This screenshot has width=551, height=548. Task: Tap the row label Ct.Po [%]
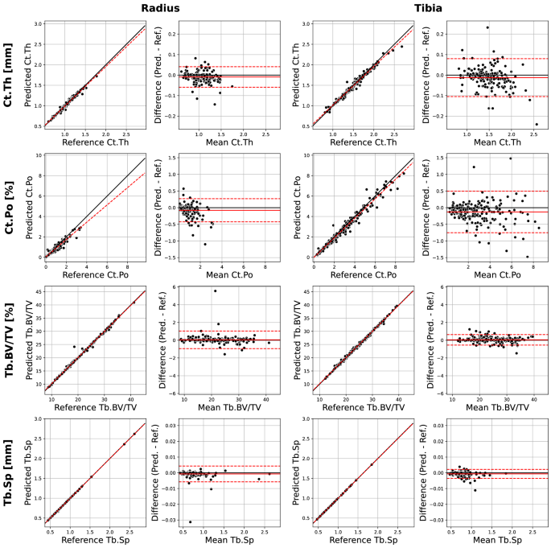coord(13,206)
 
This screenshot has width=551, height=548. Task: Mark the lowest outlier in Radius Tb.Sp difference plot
coord(190,521)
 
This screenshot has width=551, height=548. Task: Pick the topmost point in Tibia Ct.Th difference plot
coord(487,28)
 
